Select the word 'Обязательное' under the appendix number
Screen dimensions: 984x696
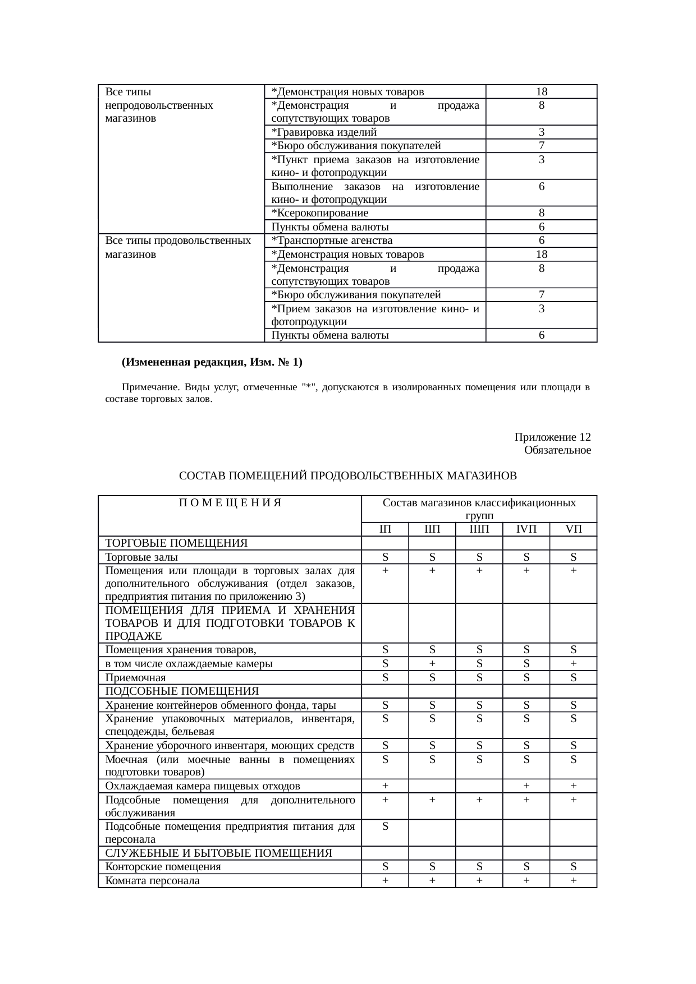557,450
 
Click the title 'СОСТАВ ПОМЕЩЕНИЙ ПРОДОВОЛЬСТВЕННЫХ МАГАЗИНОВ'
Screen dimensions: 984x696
347,476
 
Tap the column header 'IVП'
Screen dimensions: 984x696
526,529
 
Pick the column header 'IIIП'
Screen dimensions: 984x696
479,529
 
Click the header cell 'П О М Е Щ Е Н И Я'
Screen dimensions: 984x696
230,503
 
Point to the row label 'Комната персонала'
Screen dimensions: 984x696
152,881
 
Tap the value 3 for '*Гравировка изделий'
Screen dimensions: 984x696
541,132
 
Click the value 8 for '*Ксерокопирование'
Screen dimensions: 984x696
541,213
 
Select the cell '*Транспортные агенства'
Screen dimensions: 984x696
332,241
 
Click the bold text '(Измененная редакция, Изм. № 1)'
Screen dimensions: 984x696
212,362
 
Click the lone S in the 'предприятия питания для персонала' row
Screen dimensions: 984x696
385,826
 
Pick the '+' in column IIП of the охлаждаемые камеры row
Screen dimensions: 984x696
432,664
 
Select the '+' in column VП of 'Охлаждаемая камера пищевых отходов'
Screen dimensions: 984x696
573,786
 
